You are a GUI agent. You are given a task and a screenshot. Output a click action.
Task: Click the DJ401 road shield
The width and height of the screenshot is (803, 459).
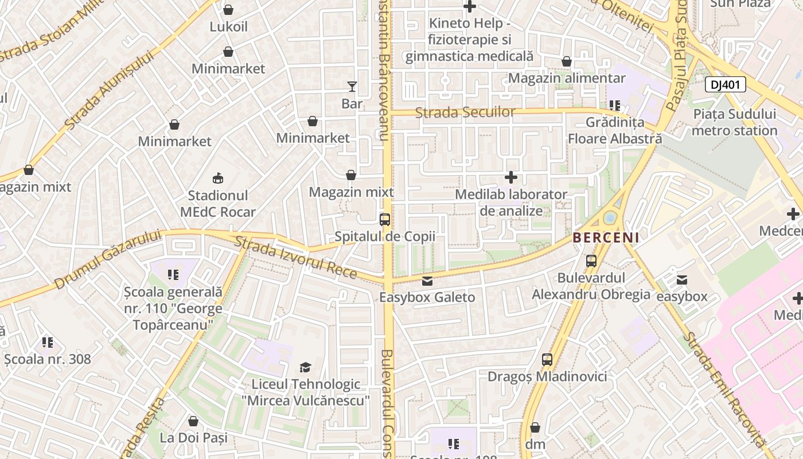tap(725, 85)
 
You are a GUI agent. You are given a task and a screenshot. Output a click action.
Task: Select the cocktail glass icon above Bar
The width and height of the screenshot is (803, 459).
tap(352, 87)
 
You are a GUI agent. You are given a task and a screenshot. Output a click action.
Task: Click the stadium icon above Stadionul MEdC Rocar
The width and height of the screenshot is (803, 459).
tap(217, 178)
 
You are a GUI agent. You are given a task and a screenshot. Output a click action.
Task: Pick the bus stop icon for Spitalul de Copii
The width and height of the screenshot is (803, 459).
tap(385, 219)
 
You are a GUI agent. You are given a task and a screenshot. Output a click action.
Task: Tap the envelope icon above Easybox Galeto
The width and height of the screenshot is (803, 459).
tap(427, 281)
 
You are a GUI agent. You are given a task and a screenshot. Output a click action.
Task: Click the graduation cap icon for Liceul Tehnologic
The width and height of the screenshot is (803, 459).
tap(305, 367)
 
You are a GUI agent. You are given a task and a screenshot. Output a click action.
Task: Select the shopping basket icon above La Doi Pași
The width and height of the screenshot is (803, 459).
tap(193, 421)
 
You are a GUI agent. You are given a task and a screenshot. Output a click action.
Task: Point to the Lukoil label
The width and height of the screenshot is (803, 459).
tap(228, 26)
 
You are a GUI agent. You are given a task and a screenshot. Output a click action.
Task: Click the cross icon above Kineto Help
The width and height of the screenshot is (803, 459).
tap(469, 7)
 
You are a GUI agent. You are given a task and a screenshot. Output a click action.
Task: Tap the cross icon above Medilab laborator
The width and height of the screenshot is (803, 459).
tap(510, 177)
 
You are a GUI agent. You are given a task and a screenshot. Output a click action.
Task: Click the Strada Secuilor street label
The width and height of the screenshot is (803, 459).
tap(465, 112)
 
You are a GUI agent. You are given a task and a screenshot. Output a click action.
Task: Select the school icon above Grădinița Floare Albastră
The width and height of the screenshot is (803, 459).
tap(615, 106)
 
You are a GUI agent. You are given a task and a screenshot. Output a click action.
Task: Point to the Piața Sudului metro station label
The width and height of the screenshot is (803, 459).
tap(734, 122)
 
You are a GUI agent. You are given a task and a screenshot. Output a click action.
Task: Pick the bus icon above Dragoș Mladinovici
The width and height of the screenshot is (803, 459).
tap(547, 360)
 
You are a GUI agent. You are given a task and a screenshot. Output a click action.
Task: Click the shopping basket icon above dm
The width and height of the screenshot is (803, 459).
tap(535, 427)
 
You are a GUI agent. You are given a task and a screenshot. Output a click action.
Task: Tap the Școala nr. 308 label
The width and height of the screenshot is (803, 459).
tap(48, 359)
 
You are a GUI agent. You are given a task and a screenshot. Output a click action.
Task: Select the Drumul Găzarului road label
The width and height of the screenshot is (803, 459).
tap(108, 258)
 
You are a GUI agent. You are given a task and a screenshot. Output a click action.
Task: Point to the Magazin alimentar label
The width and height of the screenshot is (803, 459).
tap(567, 77)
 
